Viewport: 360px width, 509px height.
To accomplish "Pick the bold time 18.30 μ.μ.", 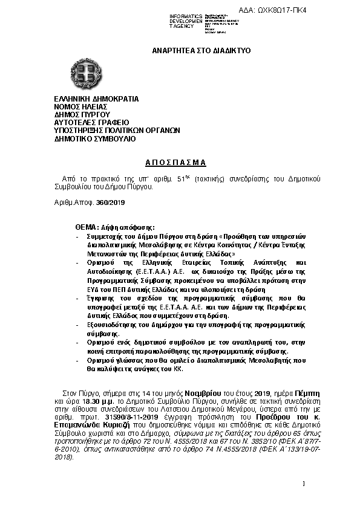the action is click(95, 401).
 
